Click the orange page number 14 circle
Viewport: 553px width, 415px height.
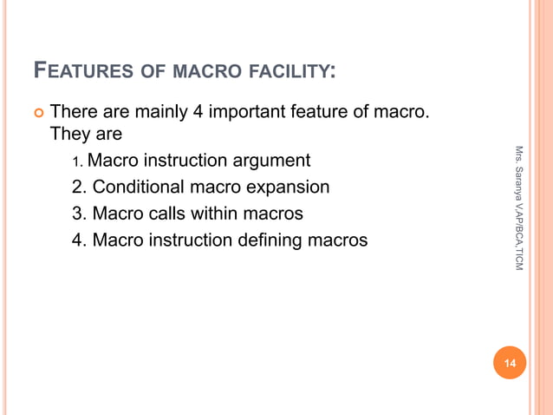click(510, 363)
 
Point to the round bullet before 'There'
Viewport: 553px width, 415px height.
click(36, 113)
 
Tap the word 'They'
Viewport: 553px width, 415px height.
click(69, 135)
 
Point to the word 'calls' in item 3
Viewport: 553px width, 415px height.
click(173, 213)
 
